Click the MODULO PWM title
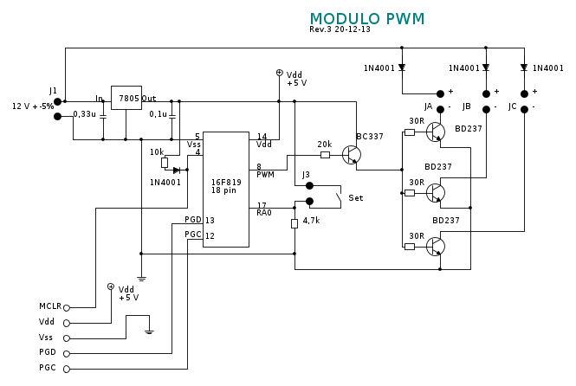[x=367, y=19]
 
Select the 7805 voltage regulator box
[x=126, y=98]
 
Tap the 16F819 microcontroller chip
[x=226, y=189]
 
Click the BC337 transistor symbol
[x=351, y=155]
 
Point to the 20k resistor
[x=325, y=155]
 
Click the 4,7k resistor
[x=294, y=223]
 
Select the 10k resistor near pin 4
[x=165, y=162]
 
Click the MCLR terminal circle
[x=67, y=307]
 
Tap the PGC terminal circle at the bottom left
[x=67, y=369]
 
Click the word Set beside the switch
[x=355, y=198]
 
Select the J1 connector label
[x=53, y=91]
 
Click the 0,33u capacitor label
[x=85, y=114]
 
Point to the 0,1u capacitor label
[x=159, y=114]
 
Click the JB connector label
[x=467, y=106]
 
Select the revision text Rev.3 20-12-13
[x=340, y=29]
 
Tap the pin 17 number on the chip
[x=262, y=205]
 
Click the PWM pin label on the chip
[x=265, y=175]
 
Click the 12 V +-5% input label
[x=33, y=106]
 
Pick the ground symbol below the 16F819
[x=141, y=278]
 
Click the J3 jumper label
[x=306, y=175]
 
